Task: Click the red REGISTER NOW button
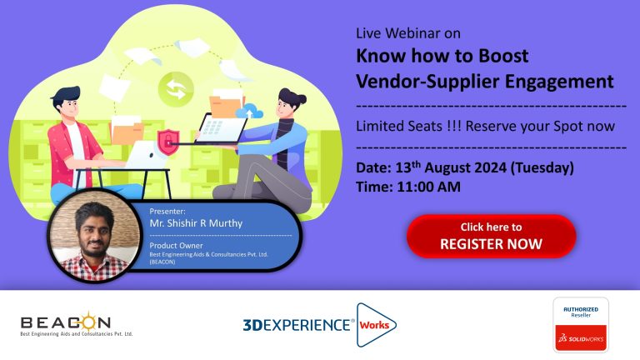coord(491,236)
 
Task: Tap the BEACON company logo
coord(77,324)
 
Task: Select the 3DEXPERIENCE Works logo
coord(320,325)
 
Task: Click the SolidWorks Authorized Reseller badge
coord(581,324)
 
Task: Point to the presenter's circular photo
coord(94,236)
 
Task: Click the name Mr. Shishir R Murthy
coord(196,223)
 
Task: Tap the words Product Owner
coord(176,245)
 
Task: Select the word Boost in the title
coord(503,56)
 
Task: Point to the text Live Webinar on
coord(408,33)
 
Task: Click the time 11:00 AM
coord(428,187)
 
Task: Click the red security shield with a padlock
coord(168,142)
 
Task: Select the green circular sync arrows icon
coord(176,89)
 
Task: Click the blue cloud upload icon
coord(249,111)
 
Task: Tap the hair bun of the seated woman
coord(301,98)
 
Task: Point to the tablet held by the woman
coord(221,128)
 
